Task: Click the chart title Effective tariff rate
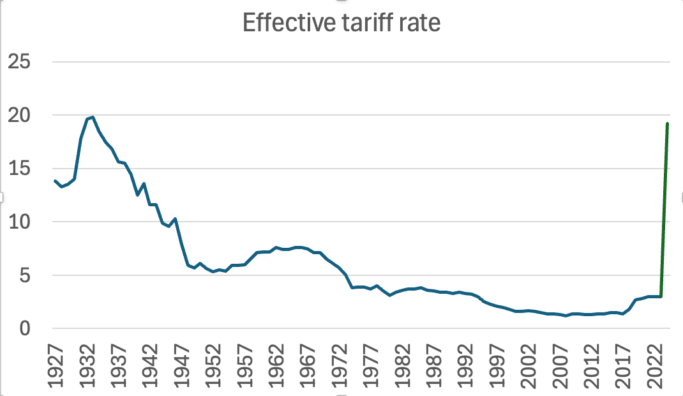(342, 24)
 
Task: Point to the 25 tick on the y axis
(22, 63)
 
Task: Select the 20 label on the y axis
(22, 116)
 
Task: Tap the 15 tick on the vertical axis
(22, 169)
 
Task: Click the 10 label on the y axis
(22, 222)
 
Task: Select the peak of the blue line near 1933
(93, 117)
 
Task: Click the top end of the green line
(667, 124)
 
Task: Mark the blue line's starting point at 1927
(56, 181)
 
